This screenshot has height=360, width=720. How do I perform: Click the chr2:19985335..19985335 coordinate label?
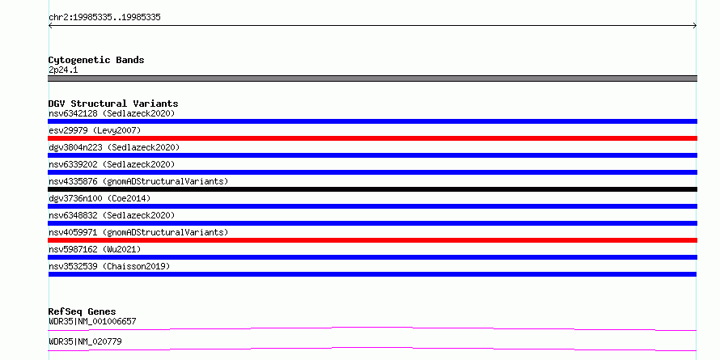[x=104, y=18]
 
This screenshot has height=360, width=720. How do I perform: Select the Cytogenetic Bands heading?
[x=96, y=60]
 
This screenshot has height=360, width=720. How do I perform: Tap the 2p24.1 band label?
[x=63, y=70]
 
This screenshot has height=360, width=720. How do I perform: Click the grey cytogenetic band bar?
[x=372, y=78]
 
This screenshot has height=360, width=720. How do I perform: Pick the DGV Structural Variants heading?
[x=113, y=104]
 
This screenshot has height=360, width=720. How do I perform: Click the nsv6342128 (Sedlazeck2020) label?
[x=112, y=113]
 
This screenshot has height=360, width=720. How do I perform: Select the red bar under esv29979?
[x=372, y=138]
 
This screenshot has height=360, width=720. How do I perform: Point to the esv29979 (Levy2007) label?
[x=95, y=130]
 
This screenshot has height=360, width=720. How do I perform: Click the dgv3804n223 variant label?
[x=114, y=147]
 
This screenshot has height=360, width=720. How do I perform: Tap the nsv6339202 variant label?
[x=112, y=164]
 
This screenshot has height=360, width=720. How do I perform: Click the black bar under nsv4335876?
[x=372, y=189]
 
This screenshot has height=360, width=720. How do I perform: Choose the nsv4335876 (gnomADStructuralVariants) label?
[x=138, y=181]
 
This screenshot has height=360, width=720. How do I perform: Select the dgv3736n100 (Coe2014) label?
[x=100, y=198]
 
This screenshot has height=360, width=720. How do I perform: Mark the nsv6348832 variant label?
[x=112, y=215]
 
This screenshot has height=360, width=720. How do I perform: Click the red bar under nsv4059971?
[x=372, y=240]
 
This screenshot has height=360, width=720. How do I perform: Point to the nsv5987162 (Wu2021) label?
[x=95, y=249]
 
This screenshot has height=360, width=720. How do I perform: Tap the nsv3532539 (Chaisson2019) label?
[x=109, y=266]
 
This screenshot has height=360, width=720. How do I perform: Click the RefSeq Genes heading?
[x=83, y=311]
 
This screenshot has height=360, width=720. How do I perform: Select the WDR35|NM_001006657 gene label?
[x=92, y=321]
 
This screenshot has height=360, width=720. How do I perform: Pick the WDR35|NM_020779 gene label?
[x=85, y=341]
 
